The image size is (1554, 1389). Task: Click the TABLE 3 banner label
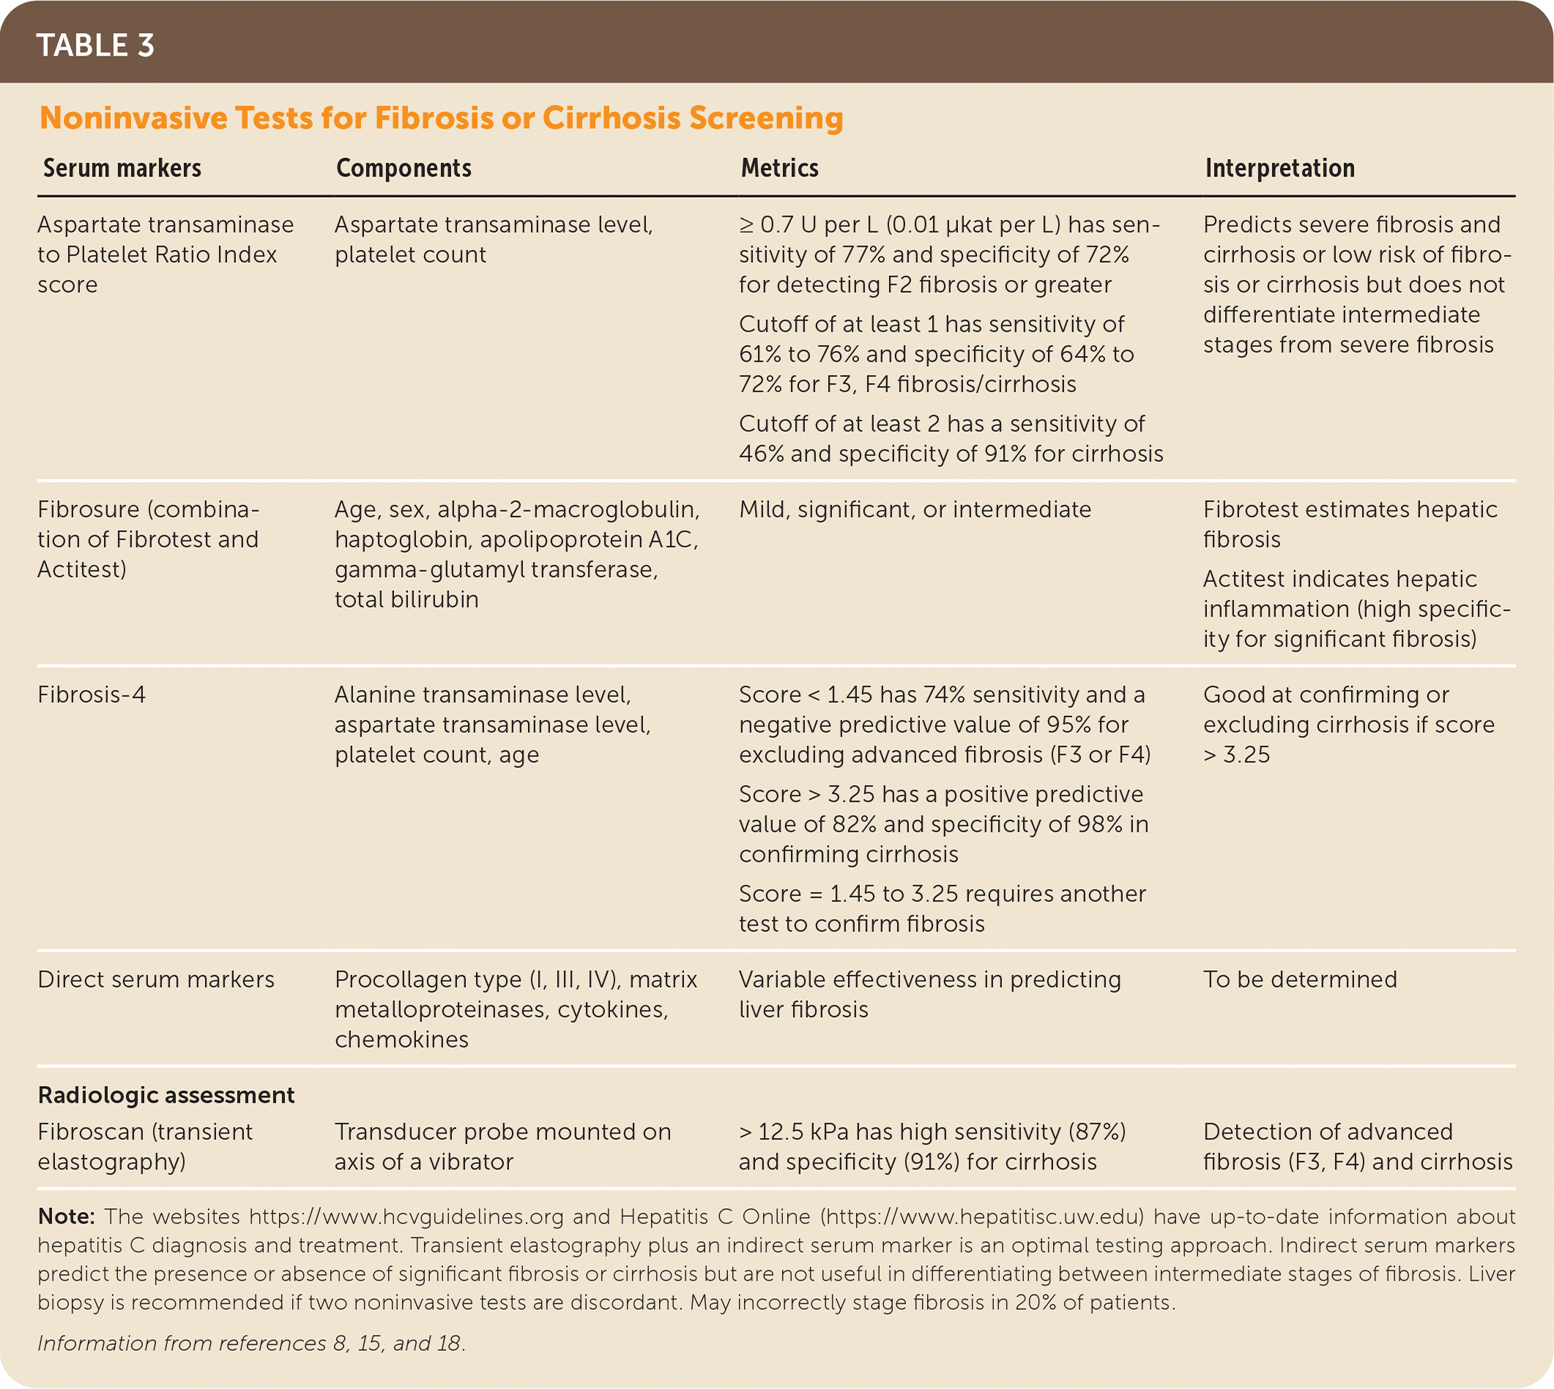click(x=95, y=46)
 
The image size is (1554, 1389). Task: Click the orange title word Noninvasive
click(x=133, y=119)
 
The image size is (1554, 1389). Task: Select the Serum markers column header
click(x=122, y=168)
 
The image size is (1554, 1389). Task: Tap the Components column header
click(x=404, y=168)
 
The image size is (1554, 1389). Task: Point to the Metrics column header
click(x=779, y=168)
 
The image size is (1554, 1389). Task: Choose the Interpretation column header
click(x=1280, y=168)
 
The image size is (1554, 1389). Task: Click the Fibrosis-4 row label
click(x=92, y=694)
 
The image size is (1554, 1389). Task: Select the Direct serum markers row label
click(x=156, y=979)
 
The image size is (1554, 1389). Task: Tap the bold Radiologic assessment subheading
click(x=166, y=1095)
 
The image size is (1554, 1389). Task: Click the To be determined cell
click(x=1300, y=979)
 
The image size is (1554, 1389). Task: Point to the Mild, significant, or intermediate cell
click(x=915, y=509)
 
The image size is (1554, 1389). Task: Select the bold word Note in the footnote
click(x=66, y=1216)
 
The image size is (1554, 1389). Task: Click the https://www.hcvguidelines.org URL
click(x=406, y=1216)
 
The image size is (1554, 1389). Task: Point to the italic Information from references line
click(x=251, y=1343)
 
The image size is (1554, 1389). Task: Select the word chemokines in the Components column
click(x=401, y=1040)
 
